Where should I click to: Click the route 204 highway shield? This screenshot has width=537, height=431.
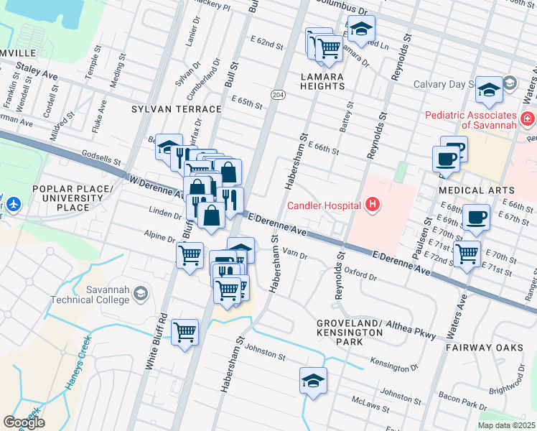[x=278, y=95]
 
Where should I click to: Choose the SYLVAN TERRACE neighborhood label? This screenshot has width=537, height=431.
[x=176, y=109]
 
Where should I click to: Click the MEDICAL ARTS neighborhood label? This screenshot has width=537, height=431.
[x=470, y=190]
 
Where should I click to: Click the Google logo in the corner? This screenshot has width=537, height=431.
[x=24, y=422]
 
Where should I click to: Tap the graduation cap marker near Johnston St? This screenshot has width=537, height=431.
[x=313, y=380]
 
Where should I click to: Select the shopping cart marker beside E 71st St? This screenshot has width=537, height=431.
[x=467, y=253]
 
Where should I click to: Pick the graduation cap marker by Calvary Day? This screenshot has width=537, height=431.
[x=489, y=89]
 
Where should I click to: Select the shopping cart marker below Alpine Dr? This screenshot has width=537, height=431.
[x=190, y=254]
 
